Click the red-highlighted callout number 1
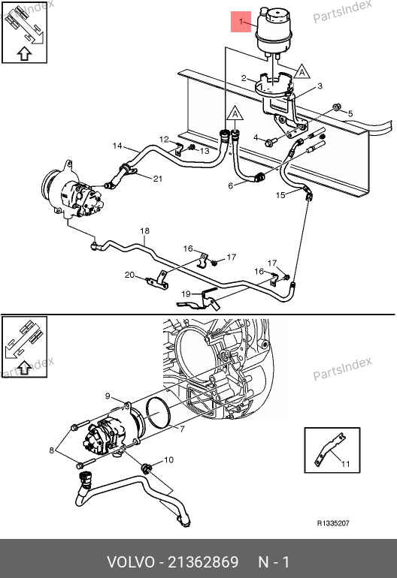tap(241, 22)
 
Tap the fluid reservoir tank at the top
tap(273, 32)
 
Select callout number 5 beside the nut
tap(350, 114)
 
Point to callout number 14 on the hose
tap(117, 146)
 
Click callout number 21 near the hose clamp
tap(158, 179)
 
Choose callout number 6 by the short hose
tap(230, 186)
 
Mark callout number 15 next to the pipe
tap(280, 194)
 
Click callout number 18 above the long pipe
tap(145, 230)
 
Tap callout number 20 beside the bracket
tap(129, 275)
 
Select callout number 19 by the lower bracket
tap(186, 294)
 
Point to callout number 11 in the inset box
tap(345, 464)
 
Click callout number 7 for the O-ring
tap(182, 429)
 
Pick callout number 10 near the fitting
tap(168, 459)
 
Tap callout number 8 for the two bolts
tap(52, 450)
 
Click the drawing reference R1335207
tap(333, 523)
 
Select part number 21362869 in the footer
tap(203, 562)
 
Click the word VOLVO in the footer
tap(131, 562)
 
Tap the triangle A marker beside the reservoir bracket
tap(302, 71)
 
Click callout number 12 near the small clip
tap(164, 140)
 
